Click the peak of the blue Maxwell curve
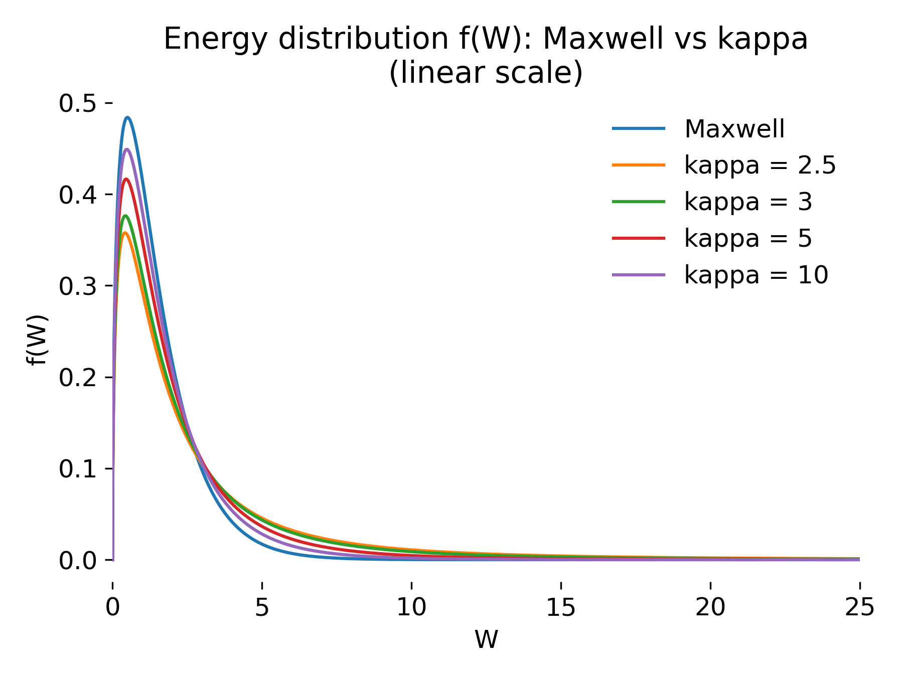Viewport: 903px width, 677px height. click(128, 118)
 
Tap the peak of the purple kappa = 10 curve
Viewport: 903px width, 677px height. click(126, 149)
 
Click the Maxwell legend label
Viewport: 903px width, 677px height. click(734, 129)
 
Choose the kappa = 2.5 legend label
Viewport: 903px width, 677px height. click(760, 165)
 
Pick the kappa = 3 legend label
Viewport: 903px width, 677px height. click(748, 202)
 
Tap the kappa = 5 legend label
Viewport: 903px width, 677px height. click(748, 238)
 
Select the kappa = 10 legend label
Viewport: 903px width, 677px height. click(756, 275)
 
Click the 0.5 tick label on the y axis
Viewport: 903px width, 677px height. click(78, 103)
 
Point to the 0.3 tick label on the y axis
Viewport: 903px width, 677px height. click(78, 286)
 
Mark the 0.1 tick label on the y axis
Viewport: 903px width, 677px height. click(78, 469)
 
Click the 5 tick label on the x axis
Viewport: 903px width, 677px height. click(262, 607)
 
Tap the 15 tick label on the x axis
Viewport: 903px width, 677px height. click(561, 607)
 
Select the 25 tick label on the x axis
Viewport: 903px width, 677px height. click(859, 607)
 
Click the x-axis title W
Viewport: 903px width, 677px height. click(486, 639)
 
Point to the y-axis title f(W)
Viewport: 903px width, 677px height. click(38, 340)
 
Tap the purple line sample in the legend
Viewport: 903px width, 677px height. click(639, 275)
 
